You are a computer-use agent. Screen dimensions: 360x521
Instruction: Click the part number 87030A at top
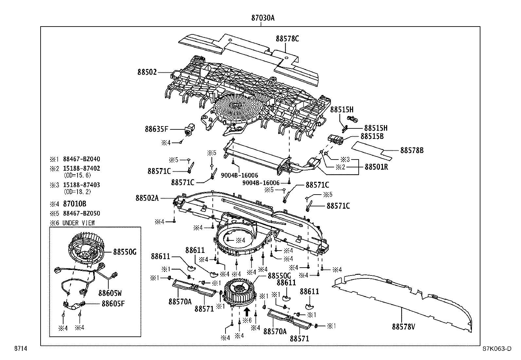point(263,18)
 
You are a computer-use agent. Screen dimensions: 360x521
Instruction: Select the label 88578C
point(287,39)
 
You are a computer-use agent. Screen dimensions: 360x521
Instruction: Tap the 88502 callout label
point(147,72)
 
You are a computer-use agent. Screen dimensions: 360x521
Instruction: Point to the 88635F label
point(156,129)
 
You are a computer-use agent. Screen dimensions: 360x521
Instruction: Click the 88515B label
point(372,136)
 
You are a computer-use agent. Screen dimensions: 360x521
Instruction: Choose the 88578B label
point(412,150)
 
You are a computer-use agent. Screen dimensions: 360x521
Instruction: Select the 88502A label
point(147,198)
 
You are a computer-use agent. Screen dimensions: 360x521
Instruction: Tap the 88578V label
point(404,326)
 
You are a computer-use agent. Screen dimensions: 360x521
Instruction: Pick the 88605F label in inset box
point(113,303)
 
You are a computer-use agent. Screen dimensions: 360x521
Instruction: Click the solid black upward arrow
point(247,311)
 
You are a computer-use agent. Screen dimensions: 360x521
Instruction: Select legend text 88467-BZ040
point(81,159)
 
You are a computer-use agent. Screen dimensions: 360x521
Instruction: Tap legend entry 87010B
point(75,204)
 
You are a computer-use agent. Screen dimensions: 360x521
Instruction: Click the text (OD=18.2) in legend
point(77,192)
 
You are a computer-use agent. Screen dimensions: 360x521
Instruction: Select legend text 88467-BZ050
point(81,214)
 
